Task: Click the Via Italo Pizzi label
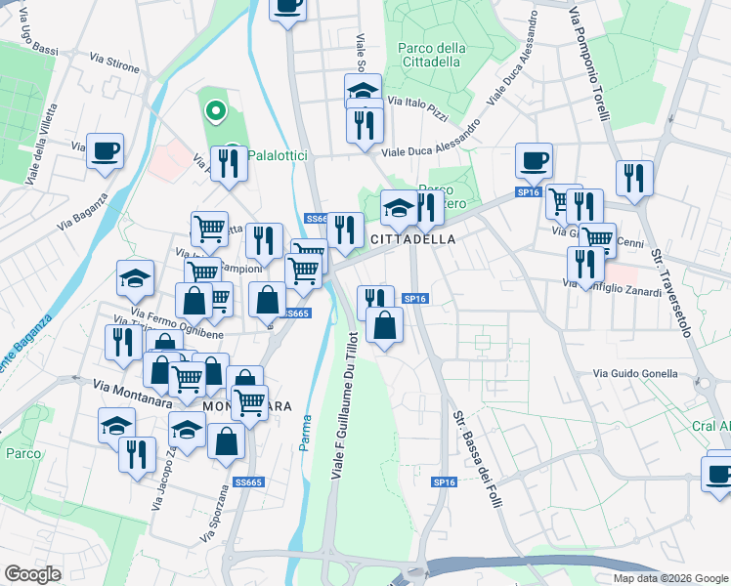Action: coord(417,106)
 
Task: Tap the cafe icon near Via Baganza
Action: coord(106,151)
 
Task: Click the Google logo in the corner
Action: coord(32,574)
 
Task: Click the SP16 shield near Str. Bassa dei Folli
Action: coord(444,482)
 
